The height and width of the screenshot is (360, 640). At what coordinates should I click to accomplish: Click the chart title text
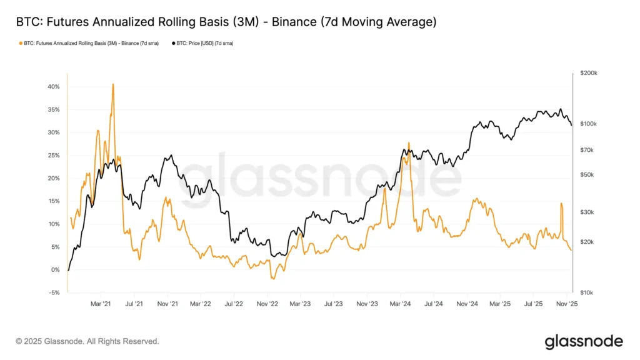tap(226, 22)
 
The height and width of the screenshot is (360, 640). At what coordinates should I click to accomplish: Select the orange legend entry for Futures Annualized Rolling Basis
tap(90, 43)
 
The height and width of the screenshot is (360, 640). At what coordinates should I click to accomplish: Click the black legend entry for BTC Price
tap(204, 43)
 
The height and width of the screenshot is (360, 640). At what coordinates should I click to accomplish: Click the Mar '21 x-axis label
tap(101, 304)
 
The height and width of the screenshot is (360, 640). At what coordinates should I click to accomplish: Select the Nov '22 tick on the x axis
tap(267, 304)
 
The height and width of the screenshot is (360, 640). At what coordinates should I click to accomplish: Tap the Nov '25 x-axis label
tap(566, 304)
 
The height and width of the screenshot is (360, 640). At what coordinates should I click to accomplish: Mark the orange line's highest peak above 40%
tap(113, 84)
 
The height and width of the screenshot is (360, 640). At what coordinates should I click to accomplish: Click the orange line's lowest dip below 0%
tap(272, 279)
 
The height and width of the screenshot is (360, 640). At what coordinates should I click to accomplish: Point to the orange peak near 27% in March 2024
tap(409, 142)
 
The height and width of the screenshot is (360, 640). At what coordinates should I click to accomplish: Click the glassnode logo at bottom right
tap(584, 341)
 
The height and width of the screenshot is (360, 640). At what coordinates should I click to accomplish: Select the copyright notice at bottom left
tap(87, 341)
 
